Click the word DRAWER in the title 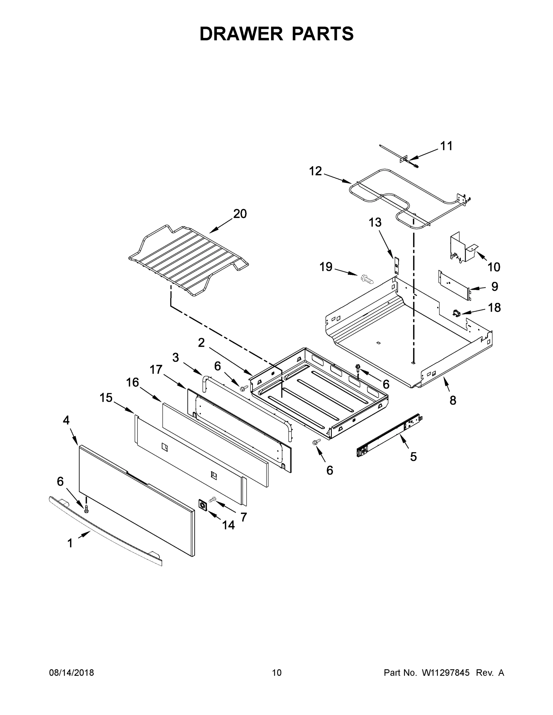click(x=241, y=34)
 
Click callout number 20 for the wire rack click(x=240, y=214)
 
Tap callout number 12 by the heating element click(x=315, y=171)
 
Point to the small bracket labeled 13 click(x=397, y=265)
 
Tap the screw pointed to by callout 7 click(x=213, y=499)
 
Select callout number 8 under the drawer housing click(x=453, y=400)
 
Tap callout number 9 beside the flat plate click(x=495, y=287)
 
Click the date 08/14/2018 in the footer click(x=72, y=673)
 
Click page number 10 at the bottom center click(x=277, y=673)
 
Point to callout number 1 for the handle click(x=70, y=544)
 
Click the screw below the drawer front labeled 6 click(x=86, y=509)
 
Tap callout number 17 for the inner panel click(x=156, y=370)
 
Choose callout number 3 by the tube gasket click(x=176, y=357)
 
